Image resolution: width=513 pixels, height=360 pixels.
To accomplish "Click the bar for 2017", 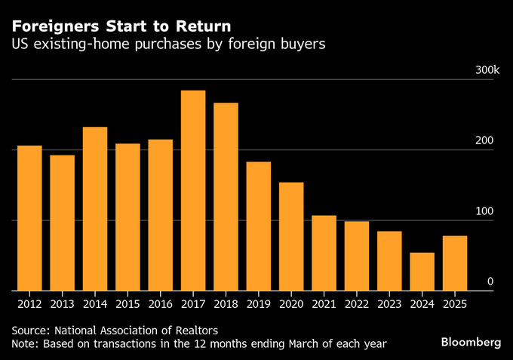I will point(193,190).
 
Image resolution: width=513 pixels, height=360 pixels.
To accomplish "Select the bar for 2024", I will point(422,272).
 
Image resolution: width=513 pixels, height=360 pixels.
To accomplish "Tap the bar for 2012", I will point(29,218).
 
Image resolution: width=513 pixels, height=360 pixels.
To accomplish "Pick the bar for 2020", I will point(291,236).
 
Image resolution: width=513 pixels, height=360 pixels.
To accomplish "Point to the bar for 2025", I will point(455,263).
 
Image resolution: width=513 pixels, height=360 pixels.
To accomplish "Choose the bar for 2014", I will point(95,208).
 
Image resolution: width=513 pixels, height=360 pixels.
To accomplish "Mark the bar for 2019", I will point(259,226).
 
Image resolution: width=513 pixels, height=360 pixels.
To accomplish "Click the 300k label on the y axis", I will point(487,70).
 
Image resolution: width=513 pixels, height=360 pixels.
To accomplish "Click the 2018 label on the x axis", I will point(226,304).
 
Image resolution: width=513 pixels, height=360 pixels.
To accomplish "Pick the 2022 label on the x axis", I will point(357,304).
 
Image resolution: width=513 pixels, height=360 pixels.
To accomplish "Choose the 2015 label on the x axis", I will point(127,304).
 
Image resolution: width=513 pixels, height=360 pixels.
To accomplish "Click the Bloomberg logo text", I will point(470,342).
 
